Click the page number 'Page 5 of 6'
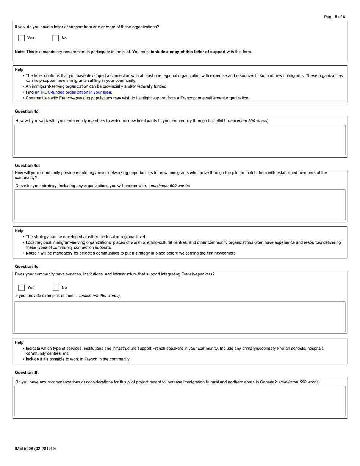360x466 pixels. click(334, 17)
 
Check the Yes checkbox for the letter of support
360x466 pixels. click(22, 38)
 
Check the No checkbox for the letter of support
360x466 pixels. click(56, 38)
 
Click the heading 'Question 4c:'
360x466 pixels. click(27, 111)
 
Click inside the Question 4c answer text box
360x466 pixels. click(180, 140)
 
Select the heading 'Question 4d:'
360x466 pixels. click(27, 165)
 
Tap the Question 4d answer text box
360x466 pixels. click(180, 205)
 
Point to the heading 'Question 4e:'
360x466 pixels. click(27, 266)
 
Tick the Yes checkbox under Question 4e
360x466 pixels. click(22, 288)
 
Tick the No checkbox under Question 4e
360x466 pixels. click(56, 288)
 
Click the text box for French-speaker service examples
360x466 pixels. click(180, 316)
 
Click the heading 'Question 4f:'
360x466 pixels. click(27, 372)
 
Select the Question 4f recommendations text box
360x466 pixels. click(180, 401)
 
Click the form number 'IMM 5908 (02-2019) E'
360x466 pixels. click(35, 449)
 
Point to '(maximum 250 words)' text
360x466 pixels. click(99, 296)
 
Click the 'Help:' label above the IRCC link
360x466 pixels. click(20, 70)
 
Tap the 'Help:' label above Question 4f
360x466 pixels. click(20, 342)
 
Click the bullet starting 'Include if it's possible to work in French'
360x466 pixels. click(78, 359)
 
